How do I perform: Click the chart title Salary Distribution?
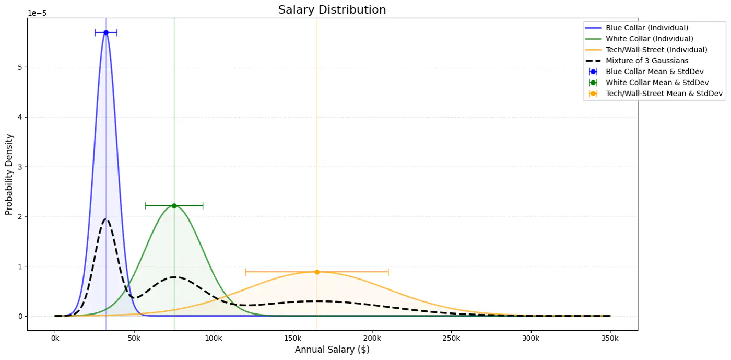coord(332,10)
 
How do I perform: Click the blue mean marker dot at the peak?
coord(106,32)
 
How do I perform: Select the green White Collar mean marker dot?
coord(174,205)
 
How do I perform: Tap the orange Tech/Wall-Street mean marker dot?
coord(317,272)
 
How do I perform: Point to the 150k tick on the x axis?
coord(292,339)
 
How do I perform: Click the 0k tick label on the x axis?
coord(55,339)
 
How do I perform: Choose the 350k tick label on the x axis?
coord(610,339)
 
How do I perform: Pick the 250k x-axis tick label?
coord(451,339)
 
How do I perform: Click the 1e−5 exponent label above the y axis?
coord(37,13)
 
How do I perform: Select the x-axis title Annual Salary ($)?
coord(332,350)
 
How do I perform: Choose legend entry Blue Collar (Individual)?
coord(647,28)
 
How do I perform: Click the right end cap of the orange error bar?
coord(388,272)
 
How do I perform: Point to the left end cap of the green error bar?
coord(146,205)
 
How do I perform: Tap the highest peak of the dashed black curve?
coord(106,219)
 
